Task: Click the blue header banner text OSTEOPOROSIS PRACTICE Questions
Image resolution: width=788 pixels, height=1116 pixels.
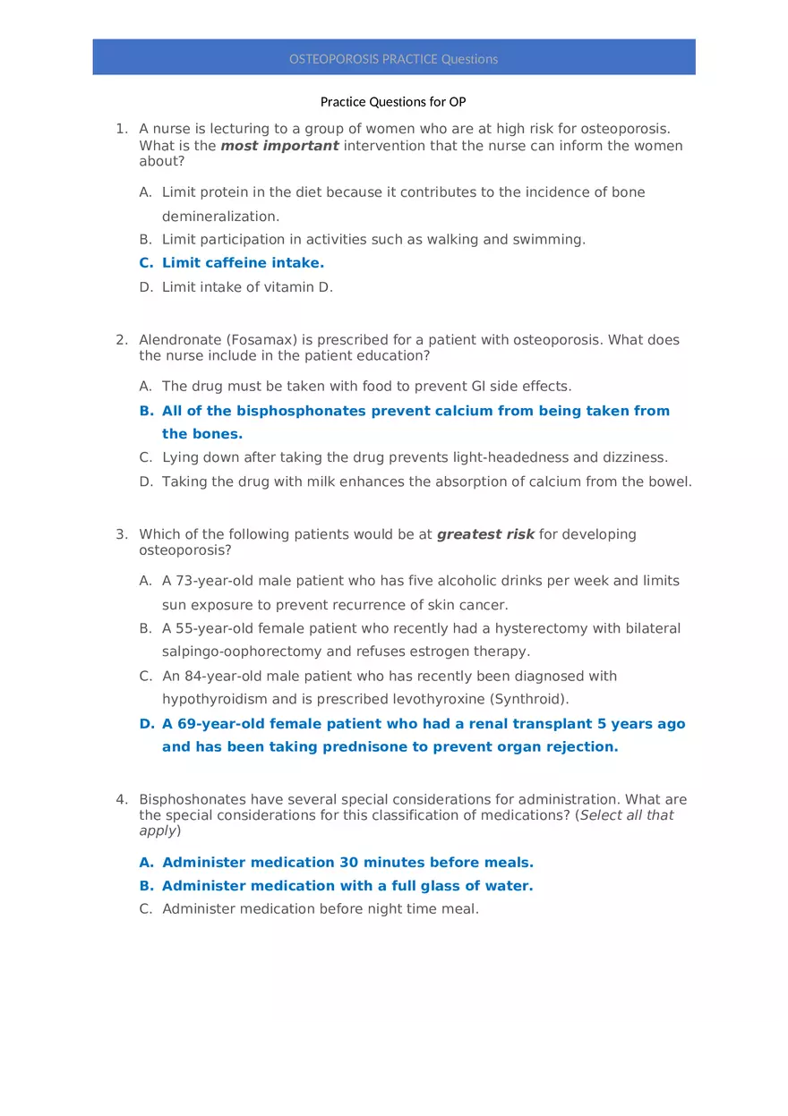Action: [393, 59]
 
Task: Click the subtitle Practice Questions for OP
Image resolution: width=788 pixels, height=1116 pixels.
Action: [393, 102]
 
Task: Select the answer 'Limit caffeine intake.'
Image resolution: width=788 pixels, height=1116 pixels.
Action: [243, 263]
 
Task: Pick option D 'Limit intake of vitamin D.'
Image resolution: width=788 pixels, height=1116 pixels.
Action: [247, 287]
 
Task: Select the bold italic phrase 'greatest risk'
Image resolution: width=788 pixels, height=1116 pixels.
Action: [485, 534]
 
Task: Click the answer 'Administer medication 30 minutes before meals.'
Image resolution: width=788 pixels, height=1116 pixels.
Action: [347, 863]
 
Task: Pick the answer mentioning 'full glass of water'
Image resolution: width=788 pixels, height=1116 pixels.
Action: [347, 886]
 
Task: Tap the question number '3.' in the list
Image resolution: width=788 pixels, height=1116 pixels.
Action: [122, 534]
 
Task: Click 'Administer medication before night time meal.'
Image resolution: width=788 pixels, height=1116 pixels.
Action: [321, 909]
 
